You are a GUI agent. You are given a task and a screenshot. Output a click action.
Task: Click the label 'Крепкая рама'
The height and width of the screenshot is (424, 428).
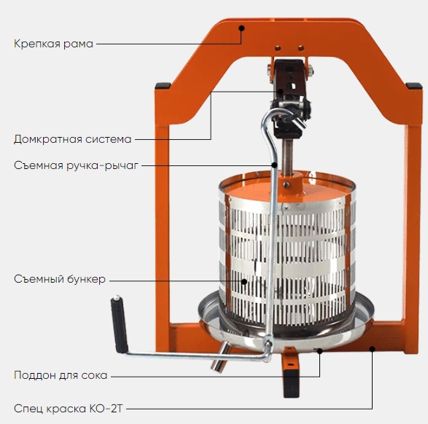[x=53, y=44]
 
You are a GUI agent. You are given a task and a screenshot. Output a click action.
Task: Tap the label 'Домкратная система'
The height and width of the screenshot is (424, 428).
[x=73, y=139]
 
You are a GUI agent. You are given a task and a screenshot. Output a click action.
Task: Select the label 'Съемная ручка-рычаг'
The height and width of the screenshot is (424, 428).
[x=76, y=165]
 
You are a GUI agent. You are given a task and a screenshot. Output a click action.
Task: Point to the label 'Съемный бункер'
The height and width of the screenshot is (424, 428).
[x=60, y=279]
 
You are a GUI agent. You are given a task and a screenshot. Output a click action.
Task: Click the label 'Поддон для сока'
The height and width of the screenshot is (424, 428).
[x=61, y=375]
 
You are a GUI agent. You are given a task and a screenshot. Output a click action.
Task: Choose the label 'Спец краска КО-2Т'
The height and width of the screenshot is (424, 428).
[x=69, y=409]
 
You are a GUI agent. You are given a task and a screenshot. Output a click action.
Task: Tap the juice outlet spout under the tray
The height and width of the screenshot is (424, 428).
[x=221, y=357]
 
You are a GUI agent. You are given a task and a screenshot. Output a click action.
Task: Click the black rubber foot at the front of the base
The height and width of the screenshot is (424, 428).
[x=291, y=383]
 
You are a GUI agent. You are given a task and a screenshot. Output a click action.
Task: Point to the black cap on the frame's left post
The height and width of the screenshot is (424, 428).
[x=163, y=86]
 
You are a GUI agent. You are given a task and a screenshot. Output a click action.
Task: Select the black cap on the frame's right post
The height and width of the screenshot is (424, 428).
[x=414, y=86]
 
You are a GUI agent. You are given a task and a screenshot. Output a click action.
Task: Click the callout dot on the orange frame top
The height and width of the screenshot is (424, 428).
[x=241, y=28]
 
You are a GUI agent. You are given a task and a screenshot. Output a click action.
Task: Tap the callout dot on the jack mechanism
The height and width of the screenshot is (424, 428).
[x=281, y=91]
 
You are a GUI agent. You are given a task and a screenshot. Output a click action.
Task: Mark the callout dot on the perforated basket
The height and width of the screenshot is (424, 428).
[x=244, y=282]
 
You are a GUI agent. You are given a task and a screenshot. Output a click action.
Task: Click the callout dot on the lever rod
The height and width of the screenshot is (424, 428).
[x=274, y=165]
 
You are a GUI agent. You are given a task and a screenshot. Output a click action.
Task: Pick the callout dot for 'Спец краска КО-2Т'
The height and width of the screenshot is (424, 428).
[x=372, y=348]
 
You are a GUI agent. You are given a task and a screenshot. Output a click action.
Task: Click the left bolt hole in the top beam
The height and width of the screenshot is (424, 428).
[x=278, y=48]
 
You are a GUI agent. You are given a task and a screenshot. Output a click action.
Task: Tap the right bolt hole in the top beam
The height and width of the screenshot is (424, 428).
[x=301, y=48]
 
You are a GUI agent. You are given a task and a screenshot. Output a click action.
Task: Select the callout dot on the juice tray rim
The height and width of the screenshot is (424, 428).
[x=319, y=351]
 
